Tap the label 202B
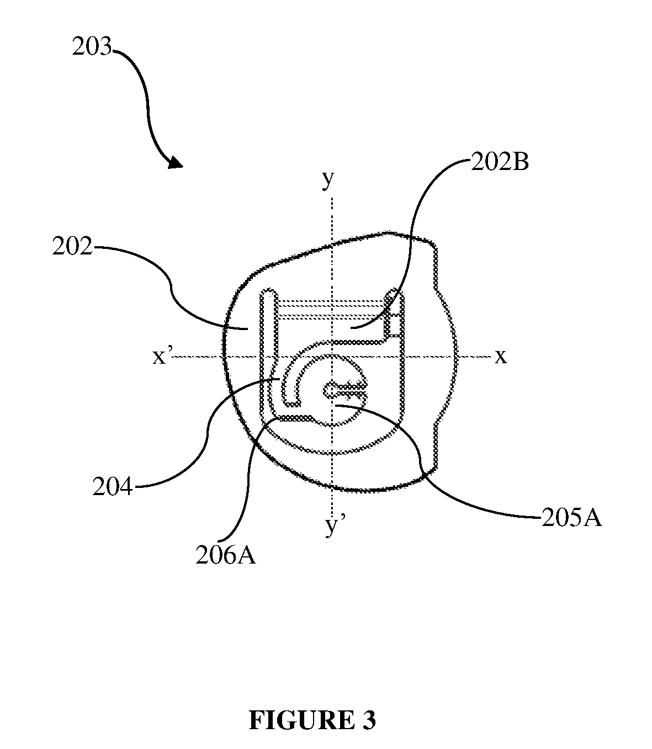coord(500,162)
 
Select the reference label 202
coord(72,246)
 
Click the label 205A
coord(571,518)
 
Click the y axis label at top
coord(328,179)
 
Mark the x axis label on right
coord(501,356)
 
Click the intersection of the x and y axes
coord(332,356)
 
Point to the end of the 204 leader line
coord(280,379)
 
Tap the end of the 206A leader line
coord(277,417)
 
